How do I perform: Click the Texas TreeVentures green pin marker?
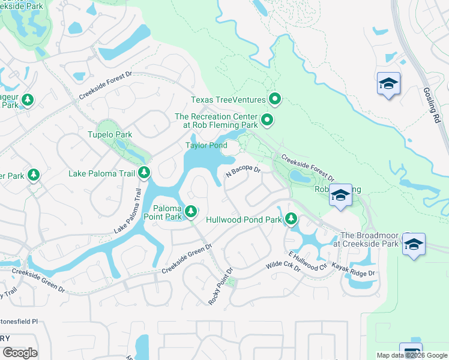(x=276, y=98)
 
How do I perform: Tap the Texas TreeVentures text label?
(x=228, y=100)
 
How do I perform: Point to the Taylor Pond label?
(x=206, y=146)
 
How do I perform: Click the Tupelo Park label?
(x=109, y=135)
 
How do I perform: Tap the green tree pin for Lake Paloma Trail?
(x=144, y=173)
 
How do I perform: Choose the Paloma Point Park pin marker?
(x=190, y=211)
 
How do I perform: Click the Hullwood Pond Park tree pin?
(x=291, y=219)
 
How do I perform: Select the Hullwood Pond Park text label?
(x=244, y=220)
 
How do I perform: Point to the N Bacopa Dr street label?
(x=243, y=172)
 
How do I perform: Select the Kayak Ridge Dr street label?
(x=354, y=272)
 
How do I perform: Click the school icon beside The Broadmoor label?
(x=414, y=245)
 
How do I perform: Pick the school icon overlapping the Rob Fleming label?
(x=340, y=196)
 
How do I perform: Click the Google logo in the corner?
(x=20, y=353)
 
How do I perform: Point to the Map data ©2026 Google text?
(x=411, y=355)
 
